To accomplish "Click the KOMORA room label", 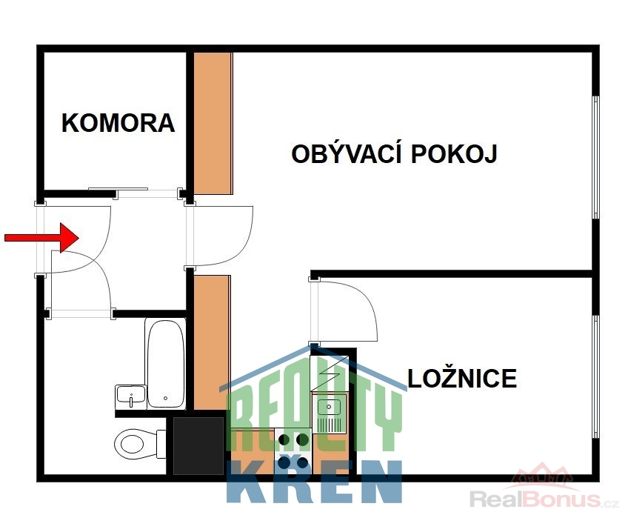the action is (x=118, y=123).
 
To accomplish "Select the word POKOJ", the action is (x=454, y=154).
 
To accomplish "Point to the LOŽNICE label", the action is (x=462, y=379).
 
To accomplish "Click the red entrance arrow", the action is (x=41, y=238).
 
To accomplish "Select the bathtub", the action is (x=165, y=364).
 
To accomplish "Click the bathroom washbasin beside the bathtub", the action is (x=130, y=396).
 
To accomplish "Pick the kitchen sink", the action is (x=330, y=413).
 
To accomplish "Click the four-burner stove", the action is (x=293, y=451).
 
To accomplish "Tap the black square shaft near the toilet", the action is (x=198, y=445).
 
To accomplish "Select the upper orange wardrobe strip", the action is (x=213, y=124).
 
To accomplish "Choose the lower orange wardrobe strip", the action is (x=213, y=342).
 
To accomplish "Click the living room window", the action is (x=596, y=157).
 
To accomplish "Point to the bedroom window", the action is (x=596, y=376).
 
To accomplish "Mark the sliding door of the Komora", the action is (x=118, y=189).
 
